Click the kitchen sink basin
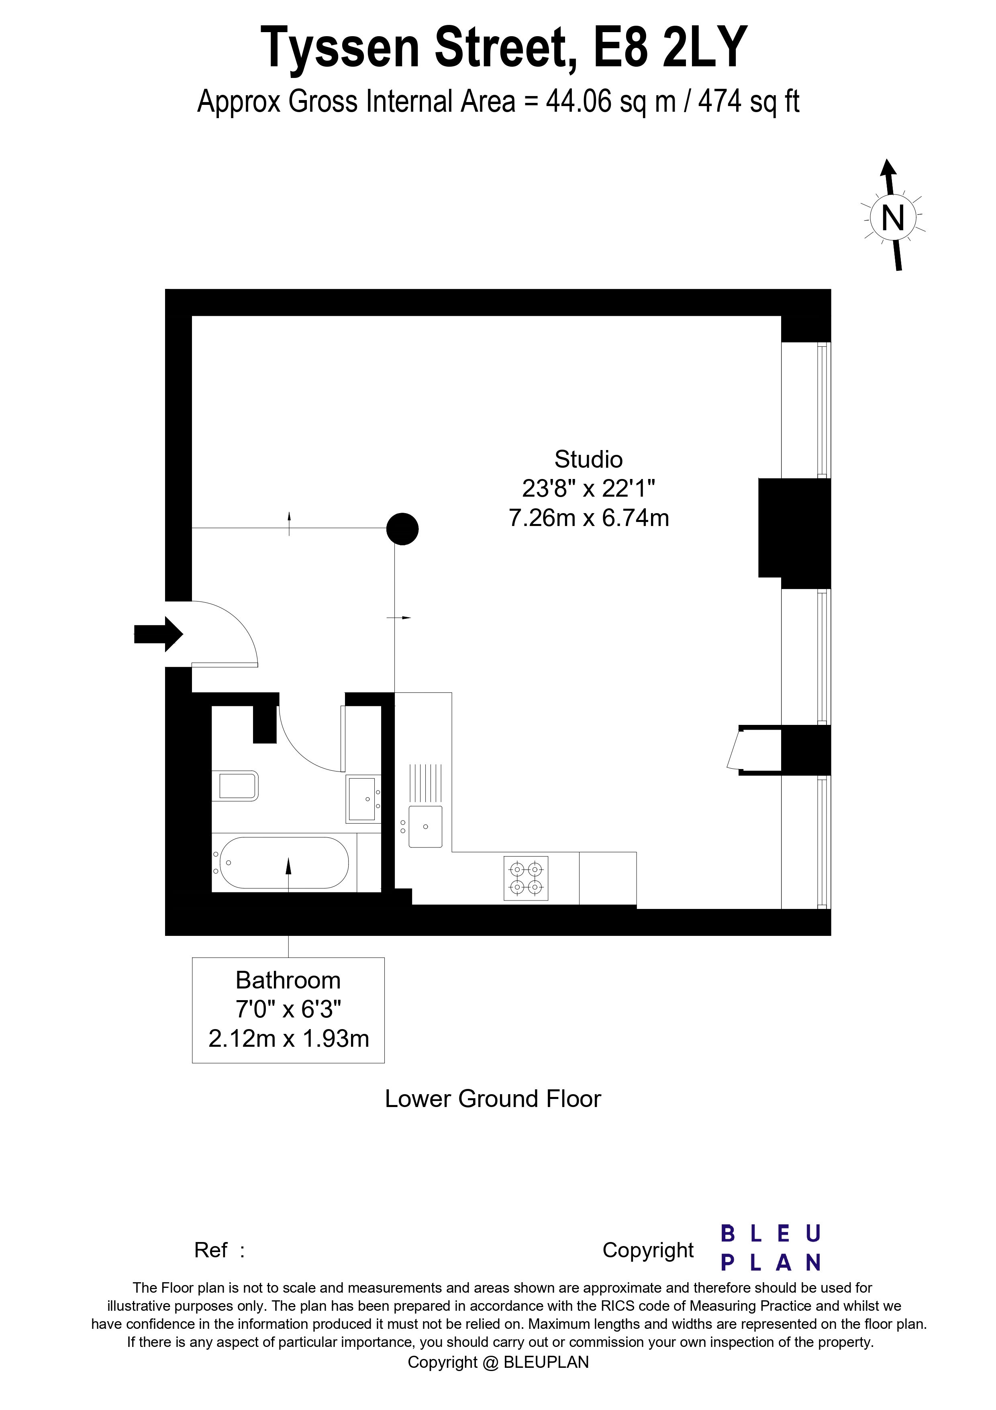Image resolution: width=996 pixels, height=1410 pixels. click(425, 826)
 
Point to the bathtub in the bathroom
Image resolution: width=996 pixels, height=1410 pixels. click(284, 862)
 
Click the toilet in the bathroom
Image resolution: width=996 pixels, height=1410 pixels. click(237, 786)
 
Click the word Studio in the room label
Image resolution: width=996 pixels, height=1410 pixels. click(588, 459)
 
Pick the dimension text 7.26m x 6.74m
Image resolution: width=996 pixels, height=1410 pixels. click(588, 518)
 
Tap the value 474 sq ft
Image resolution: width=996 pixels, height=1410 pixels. click(748, 102)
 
